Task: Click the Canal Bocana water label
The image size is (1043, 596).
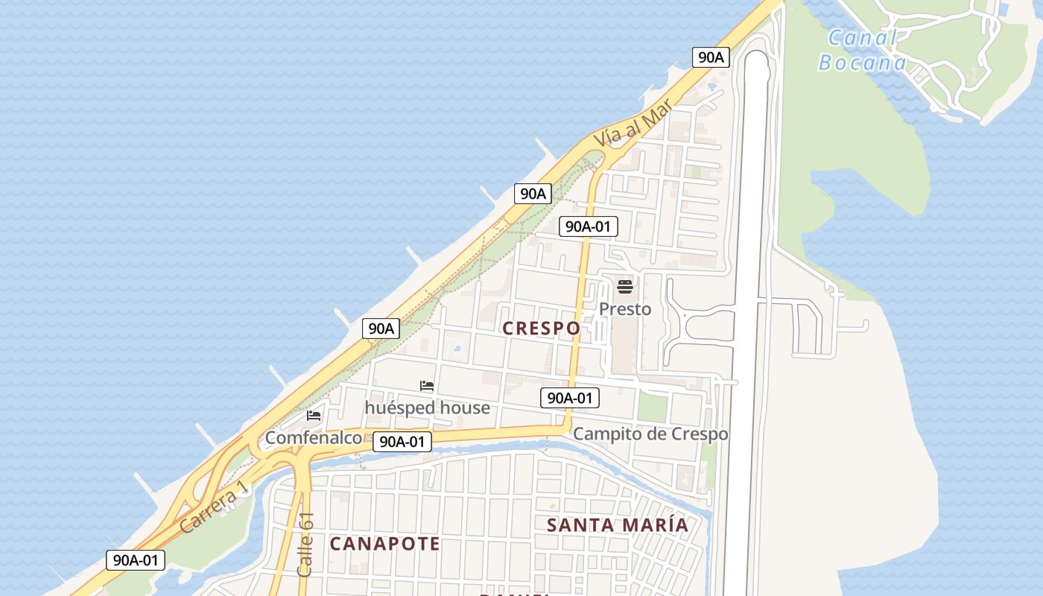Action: [x=863, y=50]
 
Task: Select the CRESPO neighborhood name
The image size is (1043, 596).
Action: [x=541, y=328]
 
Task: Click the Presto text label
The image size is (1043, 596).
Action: [x=625, y=308]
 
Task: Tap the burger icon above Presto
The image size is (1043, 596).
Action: [x=625, y=287]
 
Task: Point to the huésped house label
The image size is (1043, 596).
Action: [x=427, y=408]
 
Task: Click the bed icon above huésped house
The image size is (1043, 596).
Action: [x=427, y=386]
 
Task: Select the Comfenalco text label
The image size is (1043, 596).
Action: [x=314, y=437]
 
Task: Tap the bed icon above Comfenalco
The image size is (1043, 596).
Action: [x=314, y=416]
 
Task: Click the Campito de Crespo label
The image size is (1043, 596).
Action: [x=650, y=434]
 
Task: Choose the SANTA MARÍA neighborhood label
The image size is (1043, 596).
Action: [x=618, y=524]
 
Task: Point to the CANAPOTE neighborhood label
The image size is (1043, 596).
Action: [x=384, y=543]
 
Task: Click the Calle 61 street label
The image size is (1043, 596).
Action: [x=305, y=545]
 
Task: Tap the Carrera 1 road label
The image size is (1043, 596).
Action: [x=213, y=509]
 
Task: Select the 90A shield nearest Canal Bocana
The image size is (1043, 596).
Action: [x=710, y=57]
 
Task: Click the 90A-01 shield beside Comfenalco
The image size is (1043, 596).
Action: [x=402, y=442]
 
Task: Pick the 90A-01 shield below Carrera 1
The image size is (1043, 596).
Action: [x=135, y=560]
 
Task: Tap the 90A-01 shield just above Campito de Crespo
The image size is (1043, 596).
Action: [x=570, y=398]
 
